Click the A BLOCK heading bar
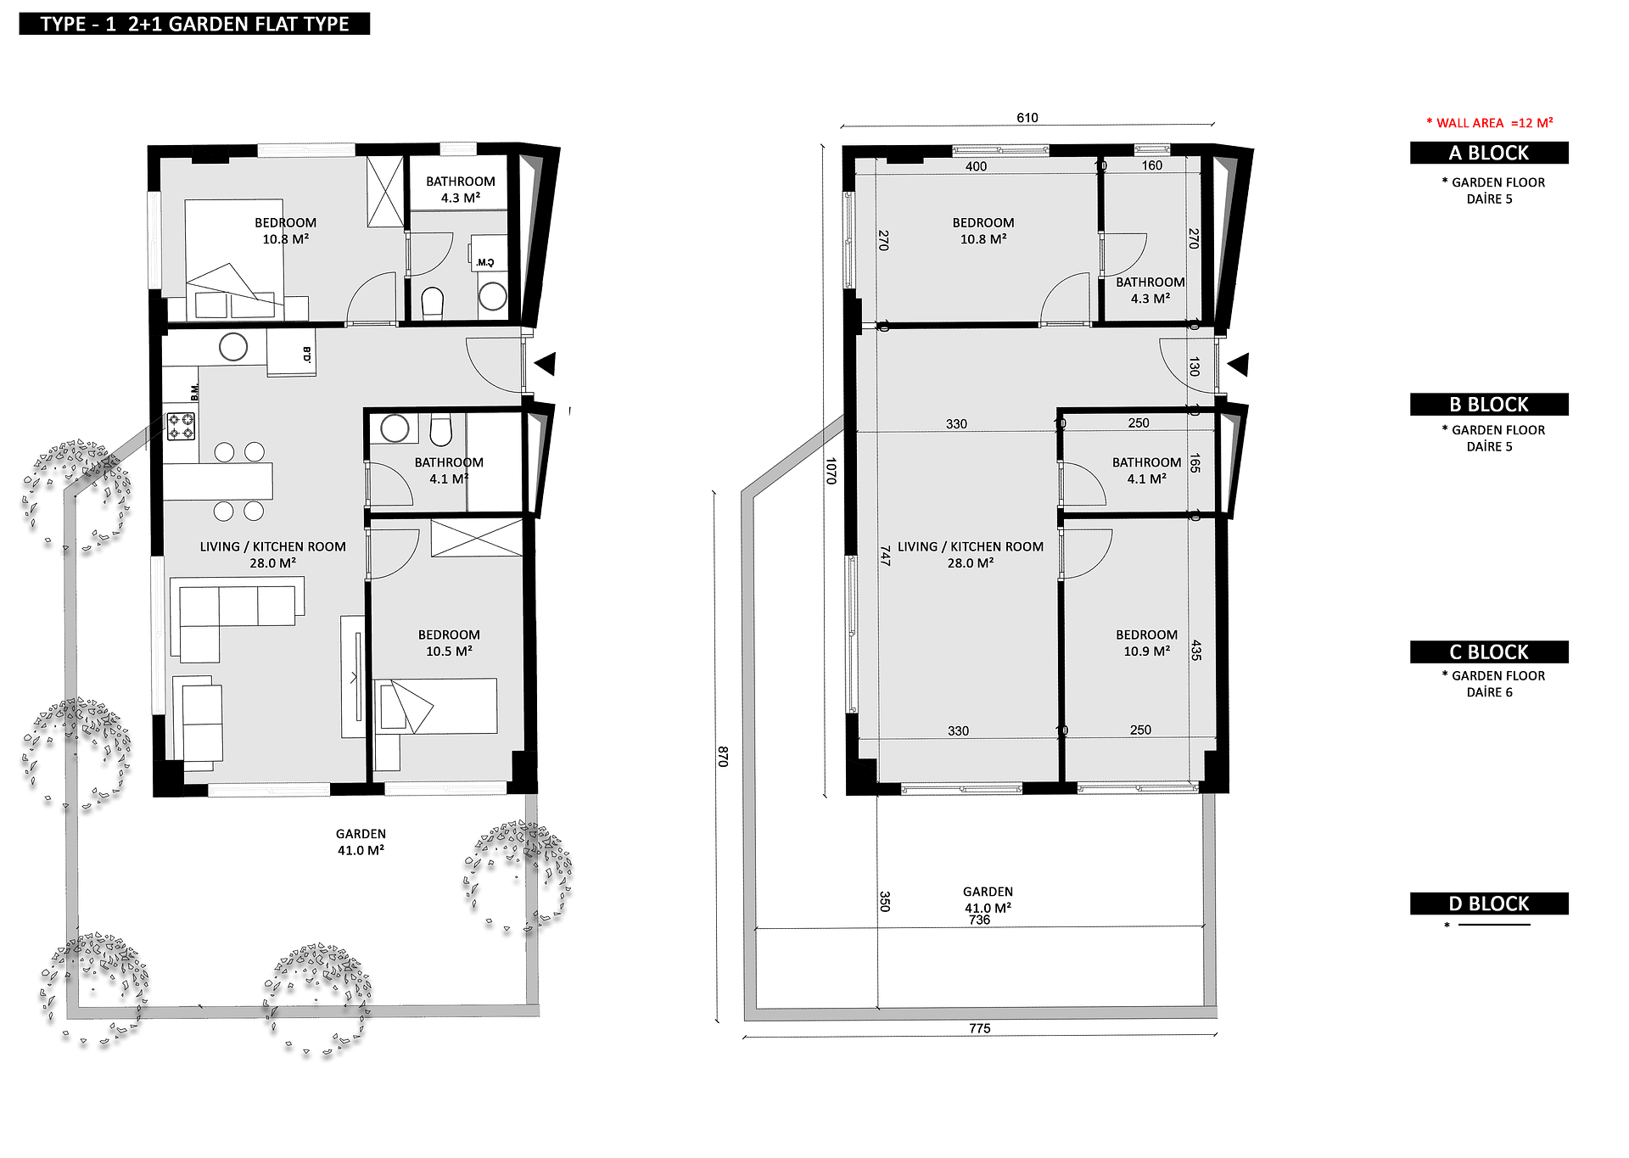pos(1489,153)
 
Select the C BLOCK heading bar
pos(1489,652)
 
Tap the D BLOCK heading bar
pos(1489,903)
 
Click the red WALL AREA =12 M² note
pos(1490,123)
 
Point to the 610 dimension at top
pos(1027,118)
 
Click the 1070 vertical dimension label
pos(831,471)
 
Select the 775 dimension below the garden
pos(980,1028)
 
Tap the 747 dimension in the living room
pos(885,556)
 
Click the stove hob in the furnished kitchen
pos(181,426)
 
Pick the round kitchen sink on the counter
pos(233,346)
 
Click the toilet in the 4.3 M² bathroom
pos(433,302)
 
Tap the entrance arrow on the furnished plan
pos(545,364)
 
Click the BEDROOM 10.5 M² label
pos(449,643)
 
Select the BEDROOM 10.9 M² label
pos(1147,643)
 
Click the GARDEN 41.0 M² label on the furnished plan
pos(361,842)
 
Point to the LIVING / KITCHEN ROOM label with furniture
pos(273,555)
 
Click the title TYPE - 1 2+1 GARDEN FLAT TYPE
pos(194,24)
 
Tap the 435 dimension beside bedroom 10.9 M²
pos(1196,651)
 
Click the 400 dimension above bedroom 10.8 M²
pos(977,167)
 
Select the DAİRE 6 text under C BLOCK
pos(1490,692)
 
